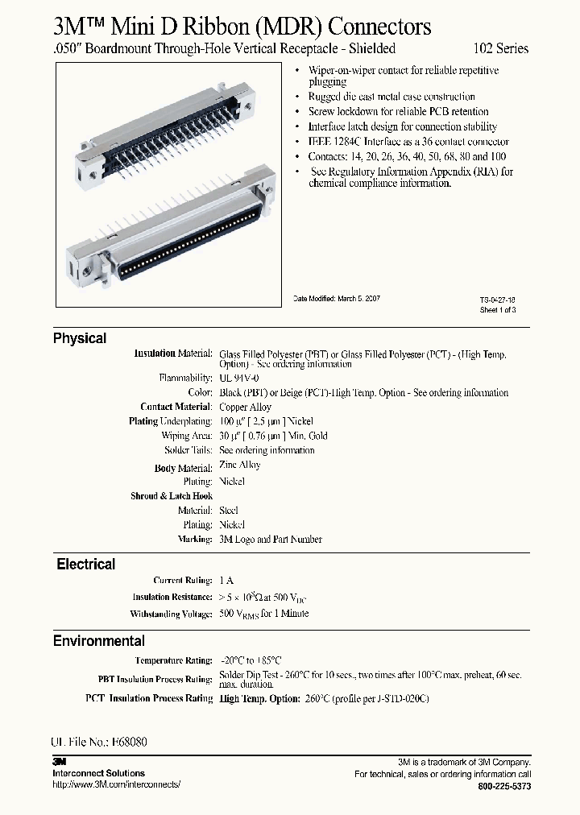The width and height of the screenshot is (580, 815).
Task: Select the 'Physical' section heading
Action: coord(80,338)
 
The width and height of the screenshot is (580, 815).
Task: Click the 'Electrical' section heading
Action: coord(85,565)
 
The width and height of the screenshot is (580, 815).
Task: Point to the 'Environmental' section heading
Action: coord(99,641)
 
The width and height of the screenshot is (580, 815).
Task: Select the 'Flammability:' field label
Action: coord(186,378)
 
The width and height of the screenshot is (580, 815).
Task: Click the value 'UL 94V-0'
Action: coord(239,378)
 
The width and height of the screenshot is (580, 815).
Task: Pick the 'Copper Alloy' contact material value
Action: coord(245,407)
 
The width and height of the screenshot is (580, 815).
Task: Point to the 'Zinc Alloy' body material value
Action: coord(239,465)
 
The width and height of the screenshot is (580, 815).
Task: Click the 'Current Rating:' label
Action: coord(183,581)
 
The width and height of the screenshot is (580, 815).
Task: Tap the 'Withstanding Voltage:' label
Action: coord(171,614)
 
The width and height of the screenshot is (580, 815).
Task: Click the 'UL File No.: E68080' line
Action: coord(98,743)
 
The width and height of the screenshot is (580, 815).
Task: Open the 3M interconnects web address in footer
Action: coord(116,784)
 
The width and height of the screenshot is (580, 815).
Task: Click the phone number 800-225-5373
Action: coord(504,786)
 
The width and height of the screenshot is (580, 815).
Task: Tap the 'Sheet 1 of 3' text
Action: coord(497,309)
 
